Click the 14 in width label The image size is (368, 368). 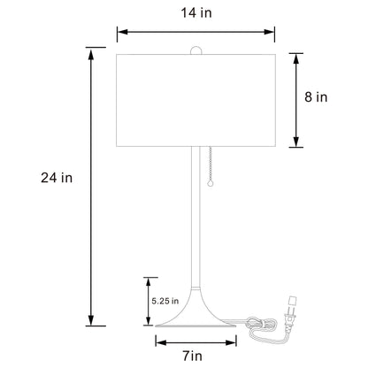196,13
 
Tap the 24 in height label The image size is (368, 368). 57,178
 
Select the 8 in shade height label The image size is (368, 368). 316,97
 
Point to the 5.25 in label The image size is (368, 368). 165,301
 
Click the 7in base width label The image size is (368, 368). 193,356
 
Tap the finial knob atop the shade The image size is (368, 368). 196,50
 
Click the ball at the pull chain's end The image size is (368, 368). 210,184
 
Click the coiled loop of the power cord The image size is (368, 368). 262,324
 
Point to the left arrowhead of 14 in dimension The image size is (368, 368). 122,32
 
